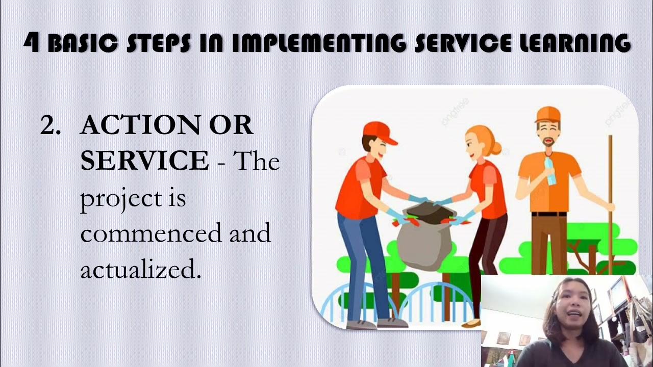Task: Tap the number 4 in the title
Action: (32, 43)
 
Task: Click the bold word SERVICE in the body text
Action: (144, 161)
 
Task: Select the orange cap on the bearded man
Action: (547, 115)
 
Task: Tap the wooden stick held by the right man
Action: (610, 204)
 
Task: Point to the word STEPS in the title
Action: (158, 43)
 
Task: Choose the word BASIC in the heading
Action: (83, 43)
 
